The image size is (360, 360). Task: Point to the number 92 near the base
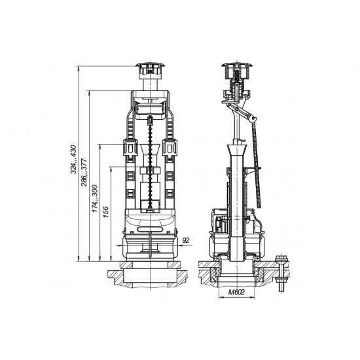185,240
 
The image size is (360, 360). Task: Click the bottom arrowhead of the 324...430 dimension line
79,259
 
